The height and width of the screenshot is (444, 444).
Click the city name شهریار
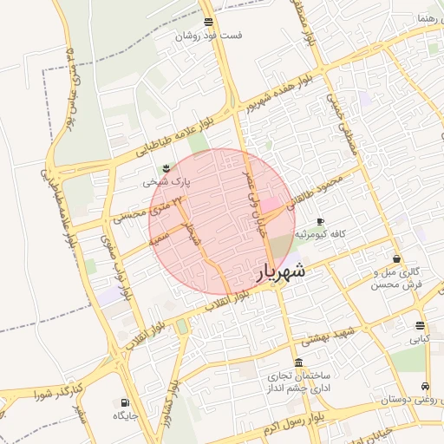tap(282, 271)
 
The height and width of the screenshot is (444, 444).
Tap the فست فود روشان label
tap(209, 36)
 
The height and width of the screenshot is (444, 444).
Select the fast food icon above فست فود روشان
tap(208, 22)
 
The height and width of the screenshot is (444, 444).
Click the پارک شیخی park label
tap(166, 182)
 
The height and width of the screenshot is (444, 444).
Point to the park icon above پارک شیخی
tap(166, 166)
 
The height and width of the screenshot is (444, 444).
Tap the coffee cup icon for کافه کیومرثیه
tap(321, 222)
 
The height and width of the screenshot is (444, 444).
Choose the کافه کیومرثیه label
tap(322, 235)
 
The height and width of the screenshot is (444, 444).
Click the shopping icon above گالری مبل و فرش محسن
tap(397, 258)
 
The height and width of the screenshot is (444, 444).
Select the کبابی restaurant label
tap(419, 339)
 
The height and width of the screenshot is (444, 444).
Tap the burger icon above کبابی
tap(420, 325)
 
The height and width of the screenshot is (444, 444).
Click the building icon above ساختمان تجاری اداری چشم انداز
tap(299, 362)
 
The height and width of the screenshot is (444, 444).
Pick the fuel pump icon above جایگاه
tap(126, 402)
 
